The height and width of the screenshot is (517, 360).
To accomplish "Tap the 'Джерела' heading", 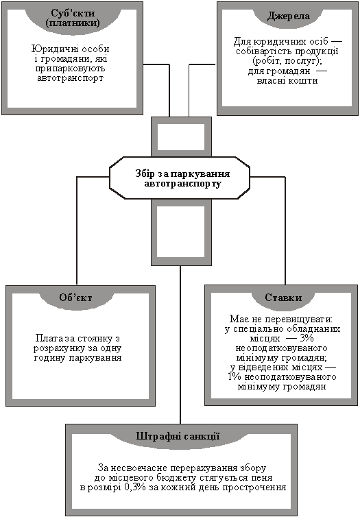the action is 288,16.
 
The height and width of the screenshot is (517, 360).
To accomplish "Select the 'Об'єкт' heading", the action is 75,298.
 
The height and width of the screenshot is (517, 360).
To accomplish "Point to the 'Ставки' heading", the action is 283,298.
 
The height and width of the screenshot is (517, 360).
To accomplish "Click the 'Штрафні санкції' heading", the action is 178,436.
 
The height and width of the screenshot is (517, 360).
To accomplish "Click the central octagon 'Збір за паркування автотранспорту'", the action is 180,178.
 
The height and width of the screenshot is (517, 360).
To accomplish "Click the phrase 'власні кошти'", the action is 287,80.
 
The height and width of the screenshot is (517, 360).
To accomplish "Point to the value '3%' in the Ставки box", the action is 307,339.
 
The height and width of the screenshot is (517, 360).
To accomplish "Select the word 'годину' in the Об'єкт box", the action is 49,358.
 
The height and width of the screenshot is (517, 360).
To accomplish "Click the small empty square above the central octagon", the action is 181,136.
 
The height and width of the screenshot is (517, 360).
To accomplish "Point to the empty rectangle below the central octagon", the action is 181,232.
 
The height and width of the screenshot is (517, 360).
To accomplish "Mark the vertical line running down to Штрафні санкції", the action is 180,345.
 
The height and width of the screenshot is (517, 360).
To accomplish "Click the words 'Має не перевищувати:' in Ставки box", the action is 281,319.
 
